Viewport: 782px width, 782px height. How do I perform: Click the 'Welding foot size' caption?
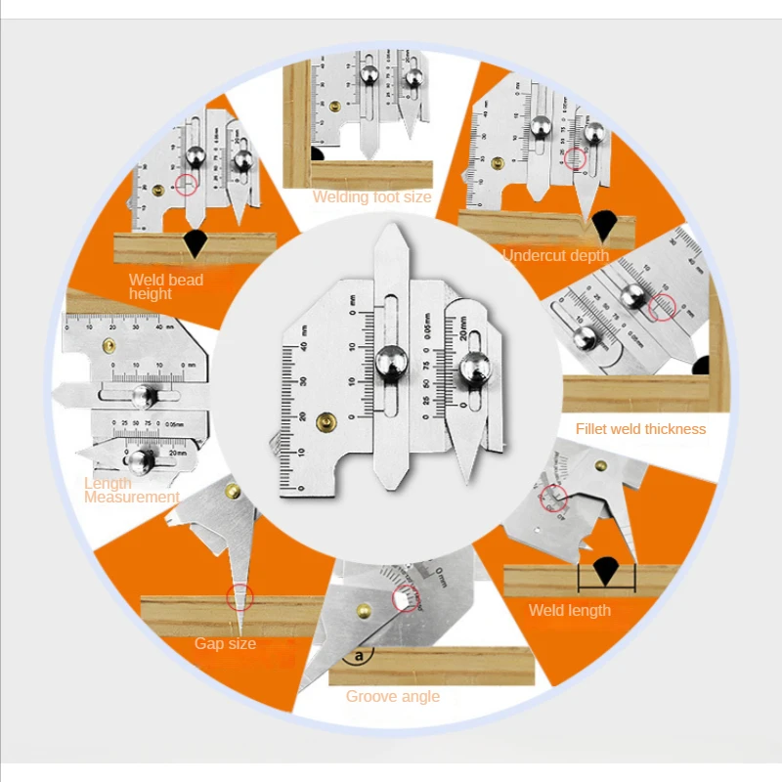(x=371, y=196)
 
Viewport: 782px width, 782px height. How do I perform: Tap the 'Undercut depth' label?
(x=555, y=255)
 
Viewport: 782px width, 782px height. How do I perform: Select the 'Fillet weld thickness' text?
(x=640, y=428)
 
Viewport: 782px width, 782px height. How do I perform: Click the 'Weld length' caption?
(x=569, y=610)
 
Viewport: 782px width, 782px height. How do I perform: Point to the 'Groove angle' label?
(x=392, y=696)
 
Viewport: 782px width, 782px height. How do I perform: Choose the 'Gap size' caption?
(x=225, y=643)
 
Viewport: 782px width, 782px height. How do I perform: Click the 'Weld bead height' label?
(x=166, y=286)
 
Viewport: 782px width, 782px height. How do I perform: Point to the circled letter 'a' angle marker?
(x=364, y=654)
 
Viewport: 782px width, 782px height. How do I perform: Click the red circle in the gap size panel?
(x=239, y=597)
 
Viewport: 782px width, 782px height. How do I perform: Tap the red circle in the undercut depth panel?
(x=574, y=158)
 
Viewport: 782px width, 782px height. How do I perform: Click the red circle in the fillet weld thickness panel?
(x=663, y=308)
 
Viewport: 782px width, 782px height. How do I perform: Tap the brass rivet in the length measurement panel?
(x=109, y=344)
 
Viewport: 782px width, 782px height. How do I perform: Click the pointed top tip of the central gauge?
(x=391, y=228)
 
